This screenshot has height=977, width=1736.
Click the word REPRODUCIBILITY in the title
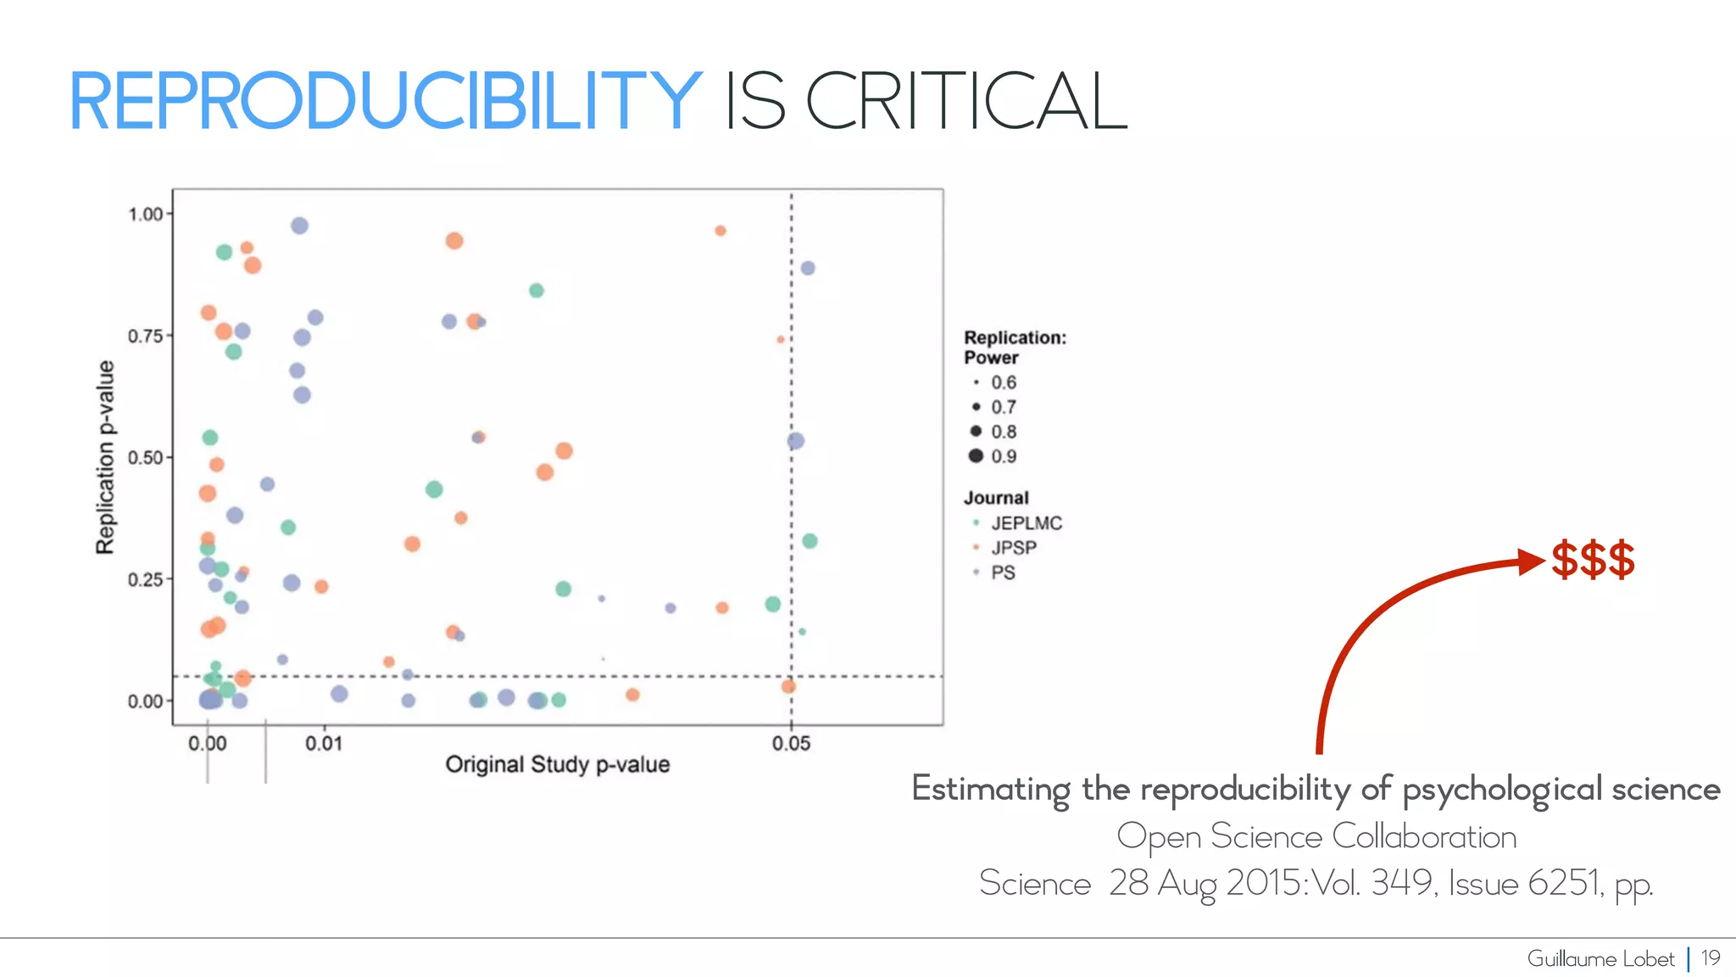[x=385, y=102]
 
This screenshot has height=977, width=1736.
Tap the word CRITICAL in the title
[x=966, y=102]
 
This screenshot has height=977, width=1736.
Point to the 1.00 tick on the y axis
[x=146, y=215]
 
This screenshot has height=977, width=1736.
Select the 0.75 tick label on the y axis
[x=146, y=337]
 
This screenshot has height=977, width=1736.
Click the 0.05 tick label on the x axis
[x=791, y=744]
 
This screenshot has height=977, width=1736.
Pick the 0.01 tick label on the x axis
[x=324, y=744]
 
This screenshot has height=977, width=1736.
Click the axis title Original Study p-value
[x=558, y=765]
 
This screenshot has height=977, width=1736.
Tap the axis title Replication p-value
[x=105, y=457]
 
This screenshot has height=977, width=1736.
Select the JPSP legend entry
[x=1014, y=548]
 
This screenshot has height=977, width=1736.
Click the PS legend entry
[x=1003, y=572]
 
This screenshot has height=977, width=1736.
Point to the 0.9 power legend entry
[x=1004, y=456]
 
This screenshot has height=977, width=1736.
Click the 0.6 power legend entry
[x=1004, y=382]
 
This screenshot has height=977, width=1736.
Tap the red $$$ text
[x=1593, y=561]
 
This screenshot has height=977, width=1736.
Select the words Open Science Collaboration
[x=1316, y=837]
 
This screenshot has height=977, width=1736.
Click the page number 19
[x=1711, y=958]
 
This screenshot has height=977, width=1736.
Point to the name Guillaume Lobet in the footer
[x=1600, y=959]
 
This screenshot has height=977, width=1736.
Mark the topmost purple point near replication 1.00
[x=299, y=226]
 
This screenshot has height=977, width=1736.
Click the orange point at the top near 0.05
[x=720, y=231]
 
